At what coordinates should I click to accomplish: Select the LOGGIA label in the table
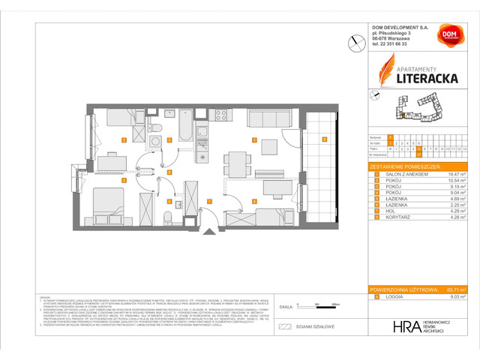394,297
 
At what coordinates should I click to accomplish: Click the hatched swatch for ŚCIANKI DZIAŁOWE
284,327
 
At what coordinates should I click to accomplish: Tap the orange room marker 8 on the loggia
324,139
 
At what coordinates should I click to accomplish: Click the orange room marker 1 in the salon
254,140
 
